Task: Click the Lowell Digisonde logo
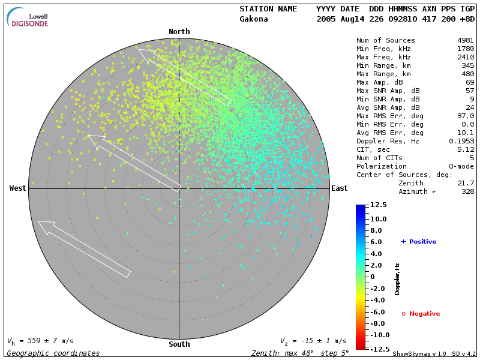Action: coord(28,17)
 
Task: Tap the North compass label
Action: coord(179,32)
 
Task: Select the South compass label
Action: coord(179,344)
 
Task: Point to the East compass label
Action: coord(339,188)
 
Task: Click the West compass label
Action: coord(18,188)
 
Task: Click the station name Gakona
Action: coord(254,19)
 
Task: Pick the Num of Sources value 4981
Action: coord(466,40)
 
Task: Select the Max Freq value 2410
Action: coord(466,57)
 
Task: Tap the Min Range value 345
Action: coord(468,65)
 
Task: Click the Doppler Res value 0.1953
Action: coord(461,141)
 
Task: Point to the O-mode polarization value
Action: coord(460,166)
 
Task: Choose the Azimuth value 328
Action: coord(468,191)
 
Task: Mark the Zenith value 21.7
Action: coord(466,183)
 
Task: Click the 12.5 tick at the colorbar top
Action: coord(377,205)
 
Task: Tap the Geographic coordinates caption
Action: coord(53,353)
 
